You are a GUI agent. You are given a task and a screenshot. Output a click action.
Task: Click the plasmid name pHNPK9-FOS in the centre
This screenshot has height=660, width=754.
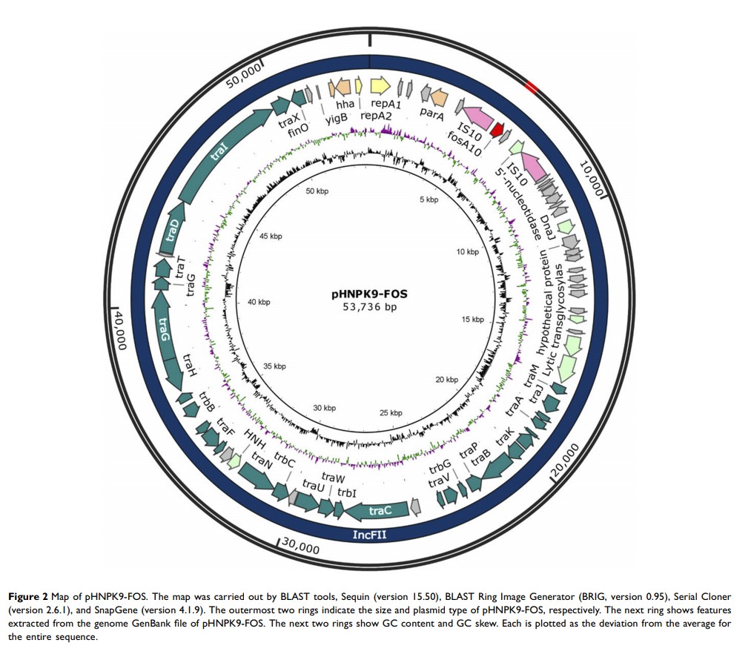pyautogui.click(x=369, y=294)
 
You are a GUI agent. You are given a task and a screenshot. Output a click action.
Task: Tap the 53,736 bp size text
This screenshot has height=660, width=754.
pyautogui.click(x=369, y=307)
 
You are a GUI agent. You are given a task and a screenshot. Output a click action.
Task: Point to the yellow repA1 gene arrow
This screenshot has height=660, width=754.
pyautogui.click(x=379, y=87)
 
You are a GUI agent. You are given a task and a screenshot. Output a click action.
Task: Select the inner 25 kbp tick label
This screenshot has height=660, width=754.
pyautogui.click(x=391, y=412)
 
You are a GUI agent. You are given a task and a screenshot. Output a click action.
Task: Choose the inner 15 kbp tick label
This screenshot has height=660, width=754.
pyautogui.click(x=472, y=320)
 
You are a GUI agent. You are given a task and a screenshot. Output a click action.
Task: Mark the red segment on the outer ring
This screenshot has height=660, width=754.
pyautogui.click(x=530, y=88)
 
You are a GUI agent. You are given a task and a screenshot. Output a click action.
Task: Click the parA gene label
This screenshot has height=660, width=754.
pyautogui.click(x=431, y=113)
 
